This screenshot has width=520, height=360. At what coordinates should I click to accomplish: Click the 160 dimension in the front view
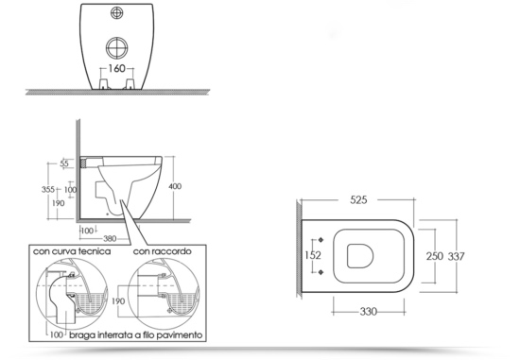(x=117, y=69)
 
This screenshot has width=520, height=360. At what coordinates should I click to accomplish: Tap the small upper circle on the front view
(x=116, y=13)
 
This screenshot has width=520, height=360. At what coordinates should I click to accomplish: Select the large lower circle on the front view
(x=116, y=48)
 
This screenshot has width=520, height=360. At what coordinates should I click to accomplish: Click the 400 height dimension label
(x=175, y=186)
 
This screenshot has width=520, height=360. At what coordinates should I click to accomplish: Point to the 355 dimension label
(x=48, y=189)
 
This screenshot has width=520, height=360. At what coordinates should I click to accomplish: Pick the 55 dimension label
(x=64, y=163)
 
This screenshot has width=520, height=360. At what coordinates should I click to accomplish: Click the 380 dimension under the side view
(x=110, y=238)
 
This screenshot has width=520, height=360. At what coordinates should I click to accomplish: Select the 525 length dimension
(x=358, y=200)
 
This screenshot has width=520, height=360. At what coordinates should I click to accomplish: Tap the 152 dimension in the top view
(x=313, y=255)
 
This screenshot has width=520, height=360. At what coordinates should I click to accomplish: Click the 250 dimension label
(x=435, y=256)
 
